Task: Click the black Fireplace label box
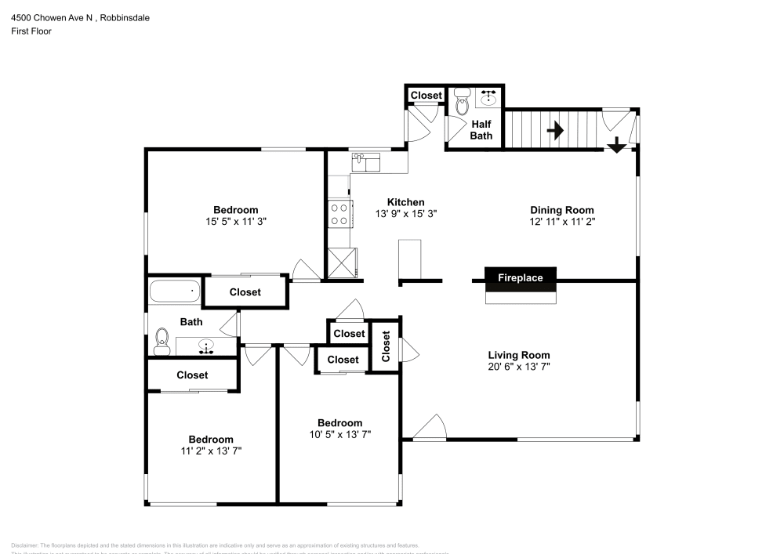pos(520,277)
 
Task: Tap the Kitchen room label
pos(405,202)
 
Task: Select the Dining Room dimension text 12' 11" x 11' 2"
pos(561,222)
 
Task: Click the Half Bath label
pos(481,129)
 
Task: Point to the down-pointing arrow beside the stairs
pos(616,144)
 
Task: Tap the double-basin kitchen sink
pos(366,162)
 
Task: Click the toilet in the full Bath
pos(162,338)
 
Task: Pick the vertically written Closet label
pos(386,346)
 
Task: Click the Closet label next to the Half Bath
pos(426,96)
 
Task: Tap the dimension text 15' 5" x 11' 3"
pos(236,222)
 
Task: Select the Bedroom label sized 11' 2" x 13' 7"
pos(210,440)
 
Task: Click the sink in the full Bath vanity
pos(207,345)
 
